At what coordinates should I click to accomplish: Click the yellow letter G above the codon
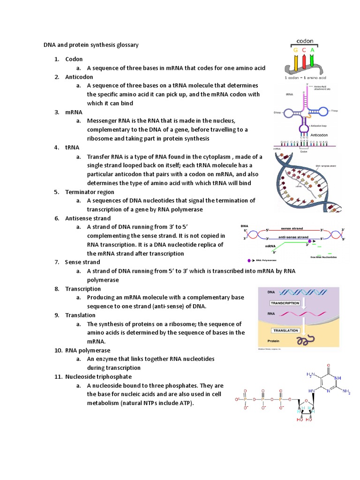(296, 50)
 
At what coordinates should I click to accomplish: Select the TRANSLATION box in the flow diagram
(285, 330)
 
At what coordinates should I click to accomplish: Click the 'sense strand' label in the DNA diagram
(292, 229)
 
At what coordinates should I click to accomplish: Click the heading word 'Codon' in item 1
(74, 59)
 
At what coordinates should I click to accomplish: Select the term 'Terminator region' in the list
(90, 192)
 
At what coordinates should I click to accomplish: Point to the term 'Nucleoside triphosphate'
(98, 376)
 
